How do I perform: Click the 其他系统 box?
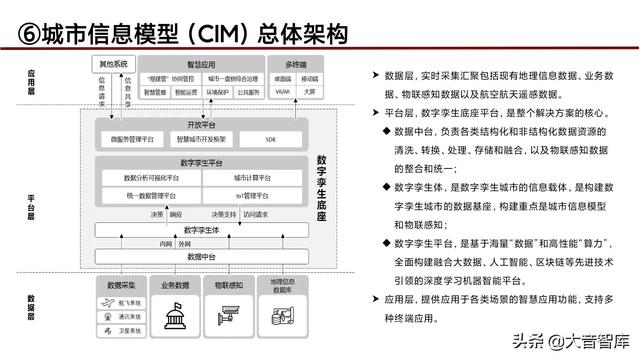pyautogui.click(x=114, y=64)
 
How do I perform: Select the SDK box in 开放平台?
pyautogui.click(x=270, y=138)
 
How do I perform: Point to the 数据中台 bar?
pyautogui.click(x=200, y=257)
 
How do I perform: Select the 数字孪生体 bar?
pyautogui.click(x=200, y=230)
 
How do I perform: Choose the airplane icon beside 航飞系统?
pyautogui.click(x=107, y=298)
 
